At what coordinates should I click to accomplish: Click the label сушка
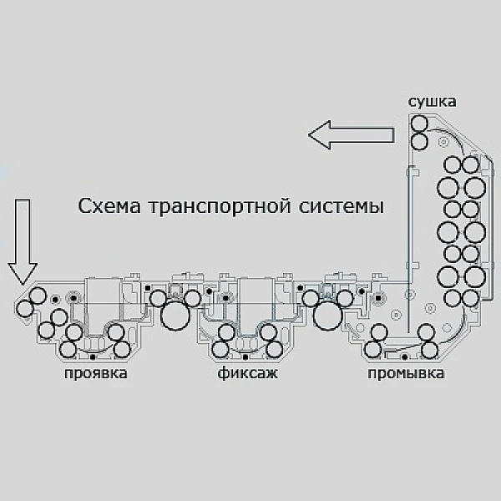click(432, 102)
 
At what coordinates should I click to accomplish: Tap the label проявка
click(96, 373)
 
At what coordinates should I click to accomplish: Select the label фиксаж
click(248, 373)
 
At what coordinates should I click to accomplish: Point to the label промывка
click(406, 373)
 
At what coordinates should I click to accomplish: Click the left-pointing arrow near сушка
click(351, 133)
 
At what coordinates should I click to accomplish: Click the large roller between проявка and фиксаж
click(176, 316)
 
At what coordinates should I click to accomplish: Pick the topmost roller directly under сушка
click(419, 124)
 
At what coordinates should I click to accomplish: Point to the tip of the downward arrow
click(24, 282)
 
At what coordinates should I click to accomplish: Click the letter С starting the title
click(84, 205)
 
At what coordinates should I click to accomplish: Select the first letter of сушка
click(412, 103)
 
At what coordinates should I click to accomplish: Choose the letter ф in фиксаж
click(223, 373)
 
